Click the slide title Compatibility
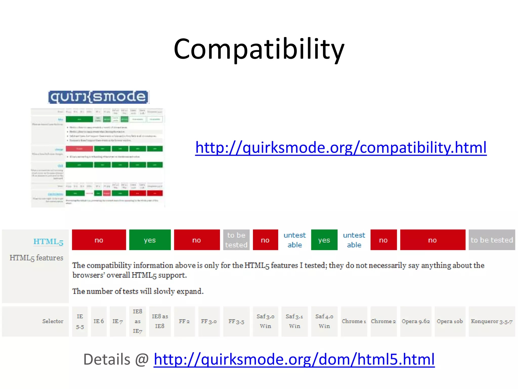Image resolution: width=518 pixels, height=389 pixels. pos(259,49)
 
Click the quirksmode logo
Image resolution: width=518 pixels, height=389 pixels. pos(99,97)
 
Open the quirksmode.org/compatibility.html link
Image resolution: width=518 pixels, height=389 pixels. pos(341,147)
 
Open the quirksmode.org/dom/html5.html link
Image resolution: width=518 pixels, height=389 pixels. pos(294,359)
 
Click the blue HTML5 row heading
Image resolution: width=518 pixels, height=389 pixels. pos(48,242)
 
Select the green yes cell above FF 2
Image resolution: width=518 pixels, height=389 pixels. pos(150,240)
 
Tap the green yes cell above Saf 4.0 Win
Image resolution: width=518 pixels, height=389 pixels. pos(324,240)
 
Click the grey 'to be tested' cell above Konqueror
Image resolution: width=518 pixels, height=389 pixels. pos(491,240)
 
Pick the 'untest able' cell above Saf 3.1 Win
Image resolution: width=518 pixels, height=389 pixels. pos(294,240)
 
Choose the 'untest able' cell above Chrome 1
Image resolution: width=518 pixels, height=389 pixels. pos(354,240)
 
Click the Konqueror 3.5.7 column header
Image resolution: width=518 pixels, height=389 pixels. pos(491,321)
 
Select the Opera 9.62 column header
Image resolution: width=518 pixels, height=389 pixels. pos(416,321)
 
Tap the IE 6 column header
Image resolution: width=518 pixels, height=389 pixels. pos(99,321)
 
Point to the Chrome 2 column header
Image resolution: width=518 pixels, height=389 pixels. pos(383,321)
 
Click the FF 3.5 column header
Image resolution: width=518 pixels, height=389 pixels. pos(236,321)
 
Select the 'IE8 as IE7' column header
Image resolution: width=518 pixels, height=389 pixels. pos(137,321)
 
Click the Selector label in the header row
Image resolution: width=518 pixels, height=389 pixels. pos(53,321)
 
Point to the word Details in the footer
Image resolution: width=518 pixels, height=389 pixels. pos(107,359)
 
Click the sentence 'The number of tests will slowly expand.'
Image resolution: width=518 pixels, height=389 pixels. pos(138,291)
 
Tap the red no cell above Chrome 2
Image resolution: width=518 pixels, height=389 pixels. pos(383,240)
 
